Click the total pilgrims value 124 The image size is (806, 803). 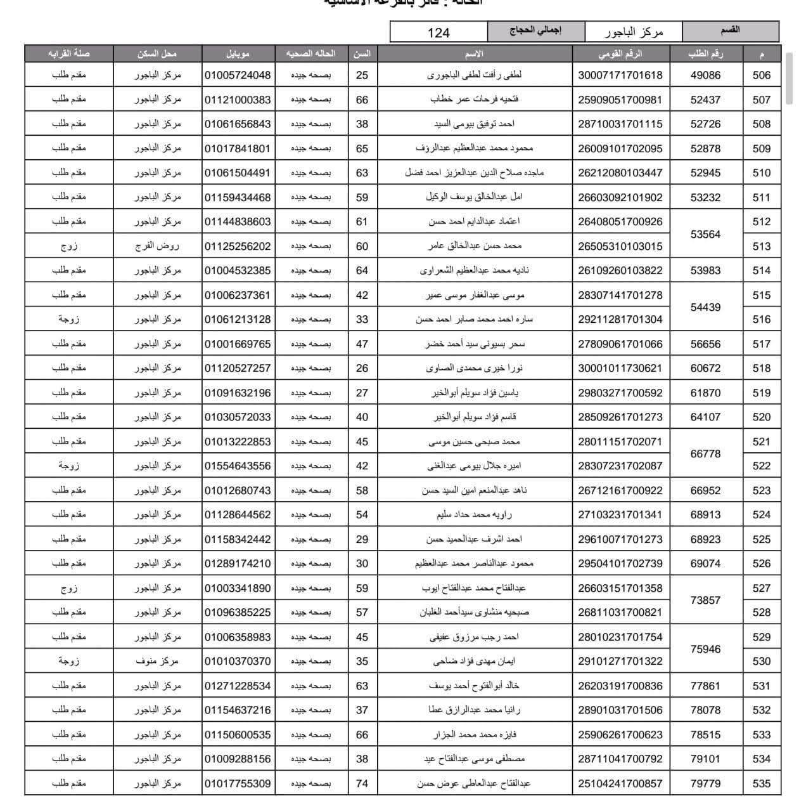tap(438, 32)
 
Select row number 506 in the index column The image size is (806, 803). tap(761, 75)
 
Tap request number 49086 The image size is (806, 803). tap(705, 75)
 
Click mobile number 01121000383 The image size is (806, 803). tap(238, 100)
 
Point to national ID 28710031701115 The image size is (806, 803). tap(620, 124)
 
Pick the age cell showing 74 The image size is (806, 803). tap(362, 783)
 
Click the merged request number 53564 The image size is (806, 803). tap(705, 234)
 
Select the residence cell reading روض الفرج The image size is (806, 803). tap(157, 246)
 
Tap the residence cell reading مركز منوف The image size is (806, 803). tap(157, 661)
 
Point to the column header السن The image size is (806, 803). tap(362, 54)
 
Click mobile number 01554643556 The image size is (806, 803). tap(238, 466)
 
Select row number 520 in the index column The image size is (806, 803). tap(761, 417)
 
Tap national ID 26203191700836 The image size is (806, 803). tap(620, 686)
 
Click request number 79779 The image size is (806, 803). tap(705, 783)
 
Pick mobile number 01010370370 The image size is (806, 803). tap(238, 661)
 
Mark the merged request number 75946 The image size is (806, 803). tap(705, 649)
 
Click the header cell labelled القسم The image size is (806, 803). tap(730, 30)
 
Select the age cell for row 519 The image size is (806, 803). tap(362, 393)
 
